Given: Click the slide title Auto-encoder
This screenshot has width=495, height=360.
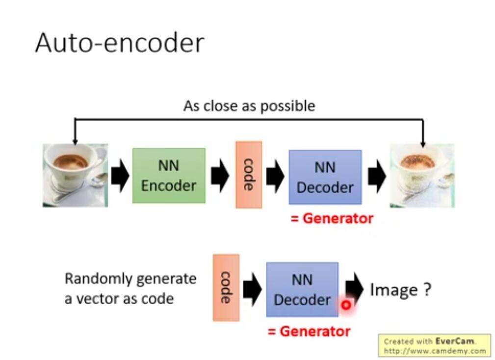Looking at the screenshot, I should [x=119, y=43].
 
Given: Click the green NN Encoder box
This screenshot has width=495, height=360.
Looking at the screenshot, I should [x=169, y=176].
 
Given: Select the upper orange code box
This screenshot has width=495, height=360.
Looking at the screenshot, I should [x=249, y=174].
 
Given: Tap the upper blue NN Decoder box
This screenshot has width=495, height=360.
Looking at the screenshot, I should [x=325, y=177].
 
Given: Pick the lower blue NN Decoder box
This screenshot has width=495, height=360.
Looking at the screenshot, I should [x=302, y=289].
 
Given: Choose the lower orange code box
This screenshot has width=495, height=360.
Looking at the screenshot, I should [x=226, y=287].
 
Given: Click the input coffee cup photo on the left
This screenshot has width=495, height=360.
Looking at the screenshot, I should [x=75, y=175].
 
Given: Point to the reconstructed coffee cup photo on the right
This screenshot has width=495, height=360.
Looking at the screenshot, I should [x=422, y=175].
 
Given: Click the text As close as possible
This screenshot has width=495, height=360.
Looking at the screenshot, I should [x=249, y=105].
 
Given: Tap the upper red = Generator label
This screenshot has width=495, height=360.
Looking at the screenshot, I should [x=332, y=218].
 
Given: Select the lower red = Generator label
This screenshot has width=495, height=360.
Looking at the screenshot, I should [x=309, y=331].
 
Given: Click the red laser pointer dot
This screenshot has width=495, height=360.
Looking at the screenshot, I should [x=346, y=305].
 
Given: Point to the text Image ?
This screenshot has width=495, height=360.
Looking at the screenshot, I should [x=400, y=290].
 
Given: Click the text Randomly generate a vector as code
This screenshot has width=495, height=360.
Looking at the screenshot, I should [x=130, y=288].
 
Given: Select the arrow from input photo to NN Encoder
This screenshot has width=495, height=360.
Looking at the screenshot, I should [x=120, y=176].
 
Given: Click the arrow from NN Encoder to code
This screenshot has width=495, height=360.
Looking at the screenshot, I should [x=220, y=176].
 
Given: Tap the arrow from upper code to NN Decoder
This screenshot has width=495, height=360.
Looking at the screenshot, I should [x=275, y=176].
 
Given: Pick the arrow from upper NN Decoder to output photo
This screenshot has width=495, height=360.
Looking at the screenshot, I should [x=376, y=176].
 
